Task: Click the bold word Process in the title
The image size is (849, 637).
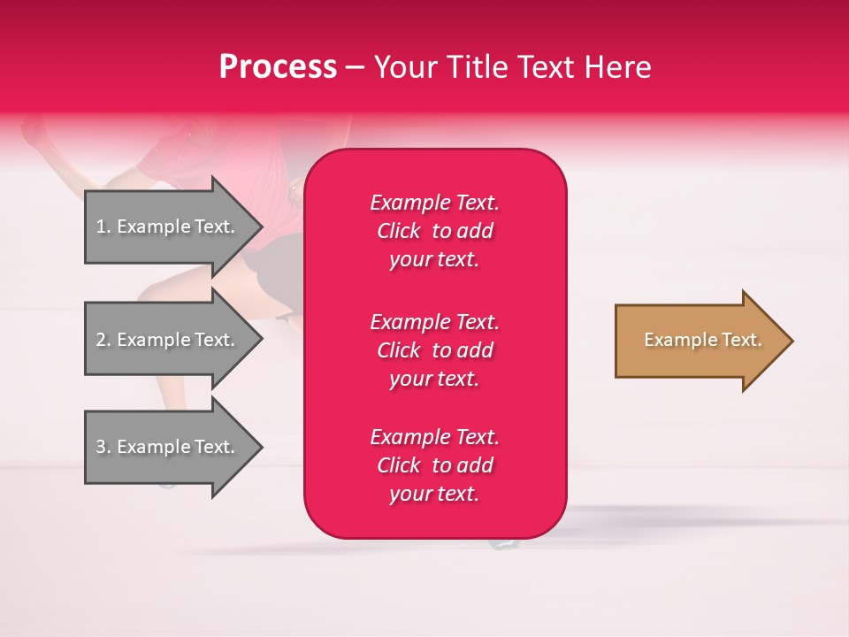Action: [x=278, y=67]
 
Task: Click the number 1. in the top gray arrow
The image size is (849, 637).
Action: [x=103, y=226]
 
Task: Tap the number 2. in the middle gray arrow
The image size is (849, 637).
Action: [x=103, y=340]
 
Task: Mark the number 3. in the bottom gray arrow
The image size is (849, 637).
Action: [x=103, y=447]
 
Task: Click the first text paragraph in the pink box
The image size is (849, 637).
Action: [x=434, y=231]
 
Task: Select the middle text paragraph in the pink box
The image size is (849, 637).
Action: [x=434, y=350]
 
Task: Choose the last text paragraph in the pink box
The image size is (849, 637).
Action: [x=434, y=465]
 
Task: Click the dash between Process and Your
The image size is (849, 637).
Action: [x=355, y=68]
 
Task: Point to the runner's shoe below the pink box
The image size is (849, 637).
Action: [x=504, y=545]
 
